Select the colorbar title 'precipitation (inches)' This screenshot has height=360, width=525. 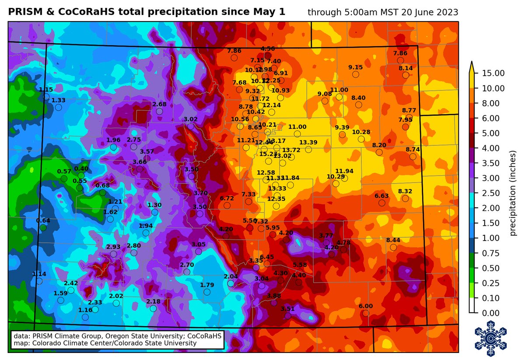[x=514, y=193]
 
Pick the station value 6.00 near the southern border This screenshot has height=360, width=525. [x=366, y=306]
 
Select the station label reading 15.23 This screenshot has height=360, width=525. [x=268, y=154]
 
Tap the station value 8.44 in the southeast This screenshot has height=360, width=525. [x=393, y=240]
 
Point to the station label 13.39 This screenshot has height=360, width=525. [x=308, y=143]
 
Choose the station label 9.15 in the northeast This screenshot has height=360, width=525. [x=355, y=67]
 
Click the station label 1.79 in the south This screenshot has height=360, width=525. [x=207, y=285]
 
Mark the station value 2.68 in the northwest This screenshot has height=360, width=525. [x=159, y=104]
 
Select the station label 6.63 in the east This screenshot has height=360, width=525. [x=382, y=196]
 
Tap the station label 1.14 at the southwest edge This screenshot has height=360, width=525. [x=39, y=274]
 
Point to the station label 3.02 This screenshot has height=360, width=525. [x=190, y=119]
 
